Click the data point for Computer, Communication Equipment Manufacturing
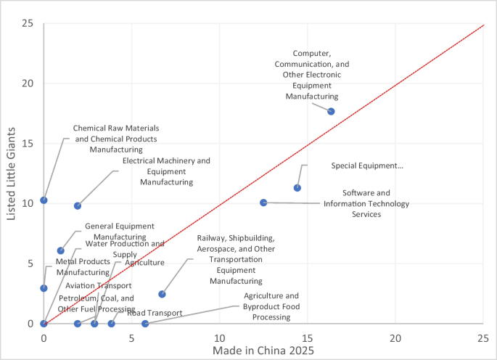tap(331, 111)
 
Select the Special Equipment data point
tap(297, 188)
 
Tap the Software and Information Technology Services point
tap(263, 202)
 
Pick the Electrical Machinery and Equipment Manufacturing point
tap(78, 205)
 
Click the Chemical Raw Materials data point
tap(44, 200)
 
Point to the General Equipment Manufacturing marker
tap(61, 250)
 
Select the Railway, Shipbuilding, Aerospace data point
tap(162, 294)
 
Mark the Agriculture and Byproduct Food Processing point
tap(145, 324)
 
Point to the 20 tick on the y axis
tap(29, 83)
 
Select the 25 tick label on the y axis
tap(29, 22)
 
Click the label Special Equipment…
tap(367, 166)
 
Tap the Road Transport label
tap(155, 312)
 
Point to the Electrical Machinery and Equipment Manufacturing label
tap(166, 171)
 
